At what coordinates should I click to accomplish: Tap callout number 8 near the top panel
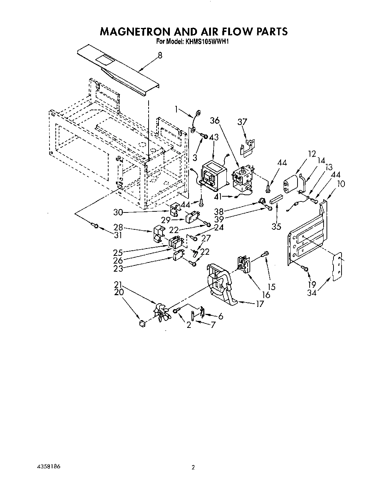pos(160,55)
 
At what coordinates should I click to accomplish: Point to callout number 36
pos(215,121)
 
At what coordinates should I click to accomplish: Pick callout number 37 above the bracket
pos(242,122)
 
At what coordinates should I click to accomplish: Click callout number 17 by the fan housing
pos(259,304)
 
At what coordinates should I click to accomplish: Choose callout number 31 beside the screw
pos(117,235)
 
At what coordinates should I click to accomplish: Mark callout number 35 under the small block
pos(276,226)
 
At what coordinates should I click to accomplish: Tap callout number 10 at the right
pos(341,183)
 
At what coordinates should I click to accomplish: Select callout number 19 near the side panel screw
pos(311,285)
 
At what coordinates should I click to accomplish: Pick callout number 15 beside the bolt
pos(271,287)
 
